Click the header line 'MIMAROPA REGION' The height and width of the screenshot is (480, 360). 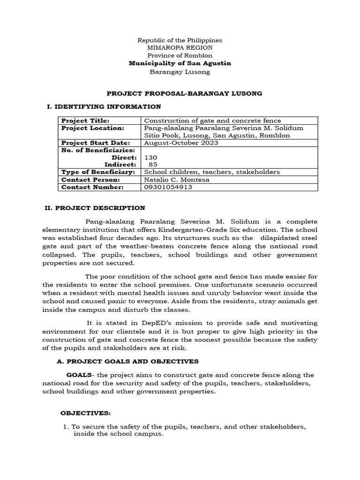click(x=180, y=48)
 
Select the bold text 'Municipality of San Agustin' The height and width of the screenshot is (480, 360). click(x=180, y=63)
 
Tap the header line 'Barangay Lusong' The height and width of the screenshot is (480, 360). click(x=180, y=72)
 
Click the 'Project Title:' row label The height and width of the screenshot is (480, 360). click(x=85, y=120)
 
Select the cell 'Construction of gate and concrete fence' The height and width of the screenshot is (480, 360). click(x=212, y=120)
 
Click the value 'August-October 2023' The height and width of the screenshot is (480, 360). click(x=181, y=143)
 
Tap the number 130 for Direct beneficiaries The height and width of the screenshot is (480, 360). click(x=151, y=158)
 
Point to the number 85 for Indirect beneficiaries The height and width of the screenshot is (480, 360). click(x=153, y=165)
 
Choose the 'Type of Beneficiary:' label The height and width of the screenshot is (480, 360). click(x=98, y=172)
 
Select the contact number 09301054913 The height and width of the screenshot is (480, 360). click(x=168, y=187)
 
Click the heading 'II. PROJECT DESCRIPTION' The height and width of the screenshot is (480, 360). click(x=101, y=208)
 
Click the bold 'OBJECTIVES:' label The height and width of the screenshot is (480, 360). click(x=85, y=413)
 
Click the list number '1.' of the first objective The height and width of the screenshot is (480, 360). click(x=66, y=427)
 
